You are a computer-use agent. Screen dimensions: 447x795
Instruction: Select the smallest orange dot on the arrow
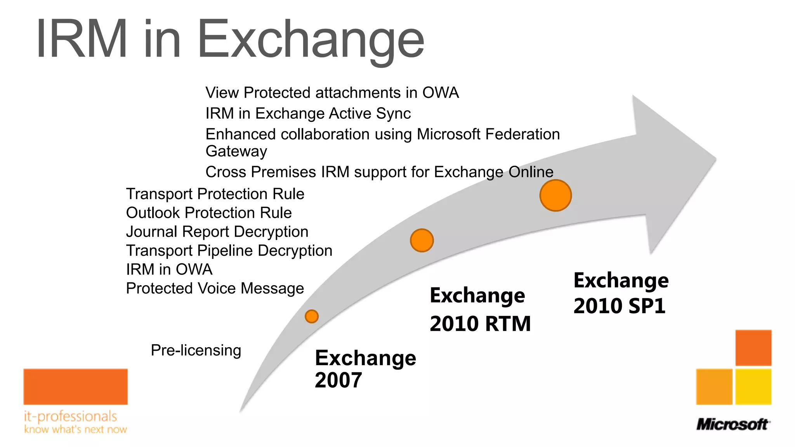pos(312,316)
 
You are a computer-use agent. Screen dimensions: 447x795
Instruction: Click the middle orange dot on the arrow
pos(422,240)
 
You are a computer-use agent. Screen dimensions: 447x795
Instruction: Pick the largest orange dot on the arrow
pos(555,195)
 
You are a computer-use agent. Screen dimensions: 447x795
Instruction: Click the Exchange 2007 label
pos(365,368)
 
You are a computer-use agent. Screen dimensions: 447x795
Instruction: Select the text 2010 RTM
pos(480,324)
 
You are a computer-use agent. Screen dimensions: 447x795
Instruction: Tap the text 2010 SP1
pos(620,306)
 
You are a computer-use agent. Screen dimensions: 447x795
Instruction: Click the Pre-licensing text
pos(196,350)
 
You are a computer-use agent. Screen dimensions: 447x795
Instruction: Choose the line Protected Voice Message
pos(215,289)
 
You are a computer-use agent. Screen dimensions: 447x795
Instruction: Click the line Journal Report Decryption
pos(217,232)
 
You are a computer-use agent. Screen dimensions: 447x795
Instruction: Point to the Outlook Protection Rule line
pos(209,213)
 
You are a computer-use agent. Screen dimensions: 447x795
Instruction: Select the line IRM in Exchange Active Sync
pos(308,113)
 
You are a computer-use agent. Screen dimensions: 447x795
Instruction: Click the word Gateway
pos(236,151)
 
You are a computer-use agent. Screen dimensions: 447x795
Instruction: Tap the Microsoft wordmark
pos(732,424)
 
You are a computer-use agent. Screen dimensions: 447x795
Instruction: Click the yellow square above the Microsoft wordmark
pos(753,386)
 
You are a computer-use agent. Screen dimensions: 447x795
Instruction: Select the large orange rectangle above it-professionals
pos(75,386)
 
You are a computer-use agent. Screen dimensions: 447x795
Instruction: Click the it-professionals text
pos(70,416)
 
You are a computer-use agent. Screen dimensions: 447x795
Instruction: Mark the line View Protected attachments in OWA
pos(332,93)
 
